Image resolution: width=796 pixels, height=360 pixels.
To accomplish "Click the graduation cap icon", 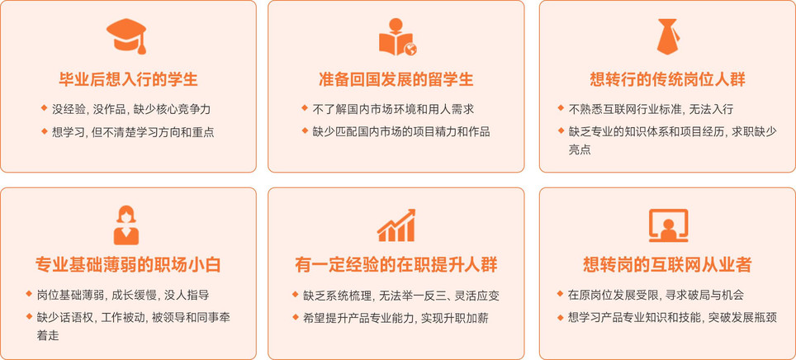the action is [x=127, y=36].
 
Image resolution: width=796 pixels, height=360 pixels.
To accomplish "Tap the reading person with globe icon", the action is [x=398, y=36].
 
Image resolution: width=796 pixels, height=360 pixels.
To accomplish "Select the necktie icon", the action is [x=667, y=36].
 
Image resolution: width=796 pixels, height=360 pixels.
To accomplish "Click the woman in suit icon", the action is [x=126, y=225].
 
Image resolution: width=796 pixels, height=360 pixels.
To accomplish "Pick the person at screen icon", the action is [x=668, y=225].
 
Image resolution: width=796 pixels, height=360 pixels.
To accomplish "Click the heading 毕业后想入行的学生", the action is [x=128, y=80].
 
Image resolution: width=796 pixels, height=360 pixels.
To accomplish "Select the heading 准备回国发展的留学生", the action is [x=396, y=80].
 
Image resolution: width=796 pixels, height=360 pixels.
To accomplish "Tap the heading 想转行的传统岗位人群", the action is [x=667, y=80].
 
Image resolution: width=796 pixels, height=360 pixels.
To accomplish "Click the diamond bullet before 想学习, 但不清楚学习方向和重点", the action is [x=44, y=131].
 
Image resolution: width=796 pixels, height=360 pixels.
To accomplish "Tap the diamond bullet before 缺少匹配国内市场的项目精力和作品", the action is [x=305, y=131].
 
